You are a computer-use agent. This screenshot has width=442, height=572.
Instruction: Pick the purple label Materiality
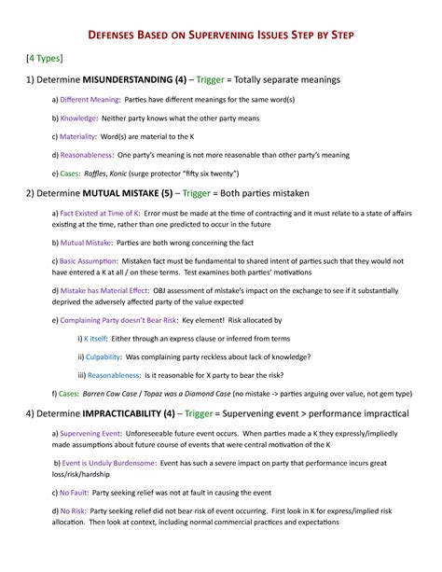pos(78,136)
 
